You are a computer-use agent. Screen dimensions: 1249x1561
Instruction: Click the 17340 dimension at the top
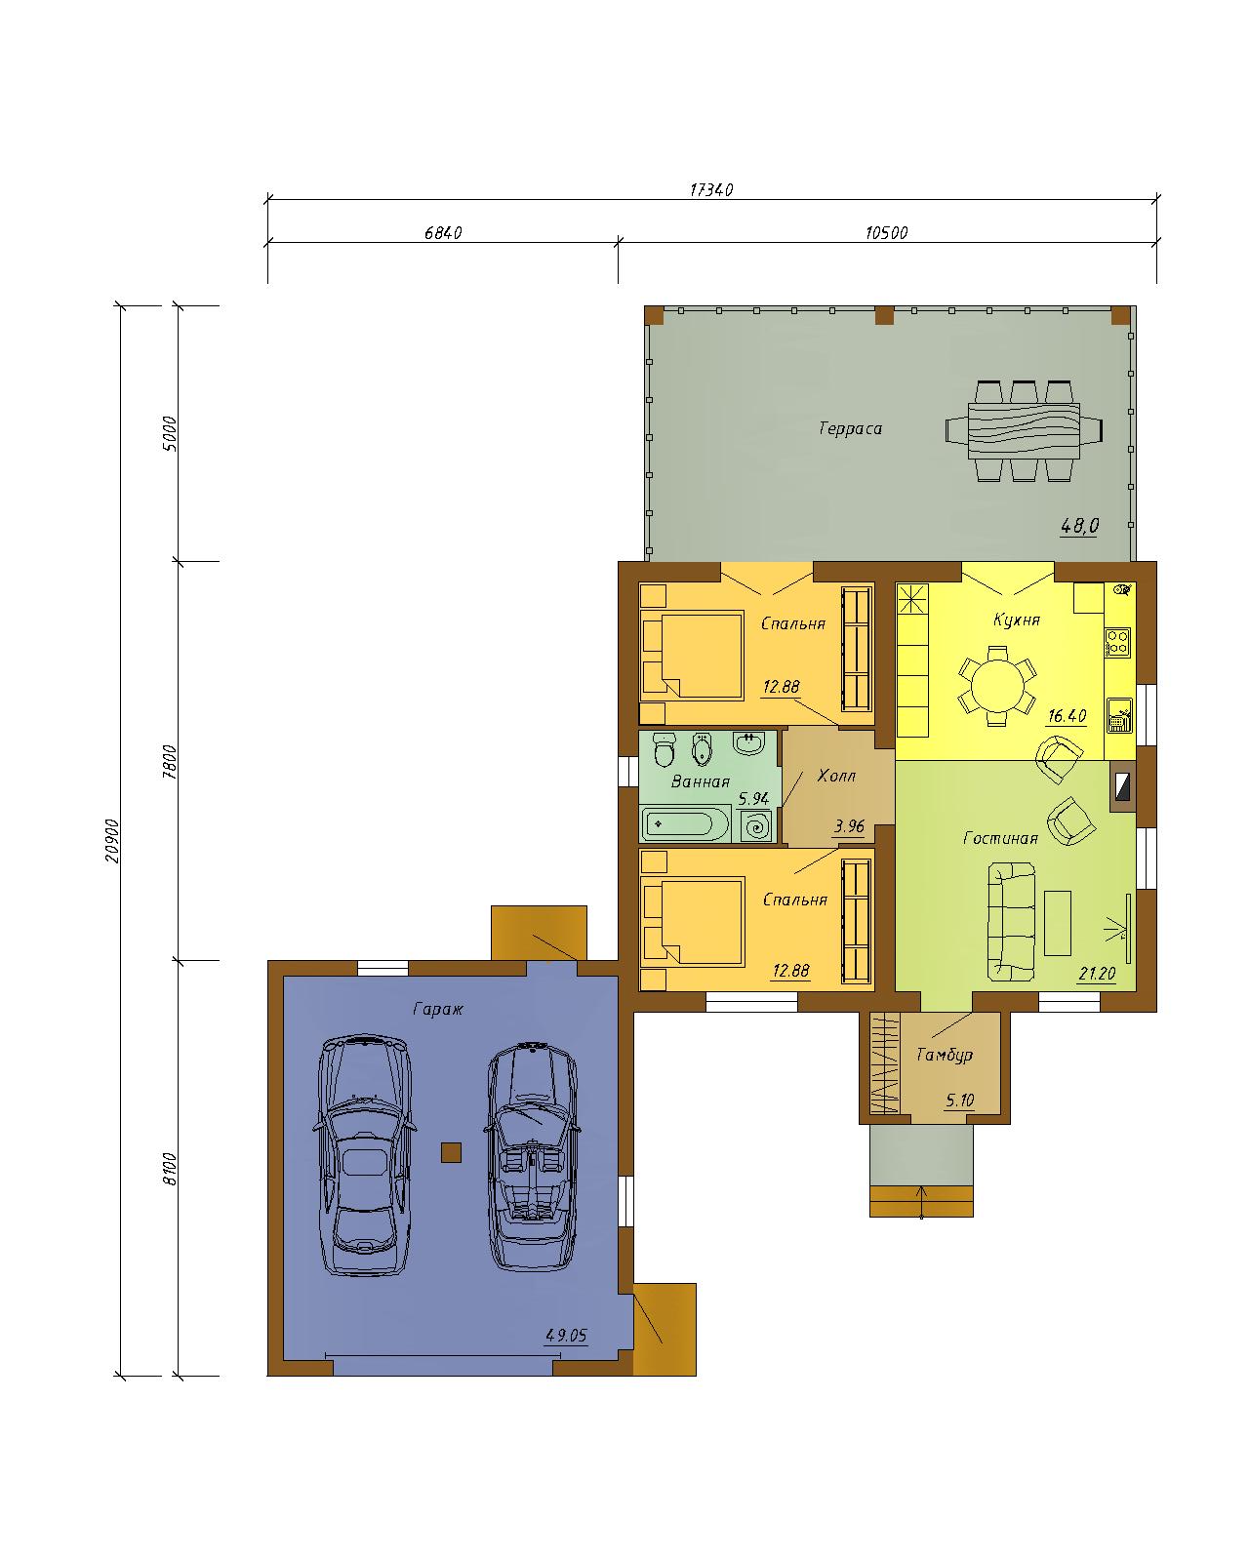click(710, 189)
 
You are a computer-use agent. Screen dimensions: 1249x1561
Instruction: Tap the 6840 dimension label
click(443, 232)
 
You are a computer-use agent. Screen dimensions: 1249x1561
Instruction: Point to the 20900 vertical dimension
click(112, 841)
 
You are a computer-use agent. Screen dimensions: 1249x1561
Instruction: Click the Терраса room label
click(850, 428)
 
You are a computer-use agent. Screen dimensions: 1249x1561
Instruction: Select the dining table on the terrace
click(1024, 430)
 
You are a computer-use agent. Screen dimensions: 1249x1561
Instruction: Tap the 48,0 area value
click(1080, 525)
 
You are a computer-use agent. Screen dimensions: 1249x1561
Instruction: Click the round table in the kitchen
click(997, 685)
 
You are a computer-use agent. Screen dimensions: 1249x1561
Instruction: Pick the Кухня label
click(1016, 620)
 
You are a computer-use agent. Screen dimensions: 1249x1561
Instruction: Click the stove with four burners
click(1117, 642)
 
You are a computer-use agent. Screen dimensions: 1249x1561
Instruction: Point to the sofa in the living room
click(1011, 921)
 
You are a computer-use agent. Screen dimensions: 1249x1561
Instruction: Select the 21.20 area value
click(1096, 973)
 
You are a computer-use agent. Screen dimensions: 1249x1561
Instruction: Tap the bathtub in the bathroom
click(685, 824)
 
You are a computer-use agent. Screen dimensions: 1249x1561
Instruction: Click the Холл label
click(836, 776)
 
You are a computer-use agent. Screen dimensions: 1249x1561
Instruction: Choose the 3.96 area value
click(849, 826)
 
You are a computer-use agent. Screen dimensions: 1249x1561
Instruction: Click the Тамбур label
click(944, 1055)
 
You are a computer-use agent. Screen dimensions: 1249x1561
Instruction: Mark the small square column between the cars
click(451, 1152)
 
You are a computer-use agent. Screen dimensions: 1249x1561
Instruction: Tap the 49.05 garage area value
click(566, 1335)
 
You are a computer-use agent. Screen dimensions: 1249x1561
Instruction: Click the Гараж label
click(437, 1009)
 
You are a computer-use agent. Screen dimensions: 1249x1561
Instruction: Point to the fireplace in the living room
click(1121, 786)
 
